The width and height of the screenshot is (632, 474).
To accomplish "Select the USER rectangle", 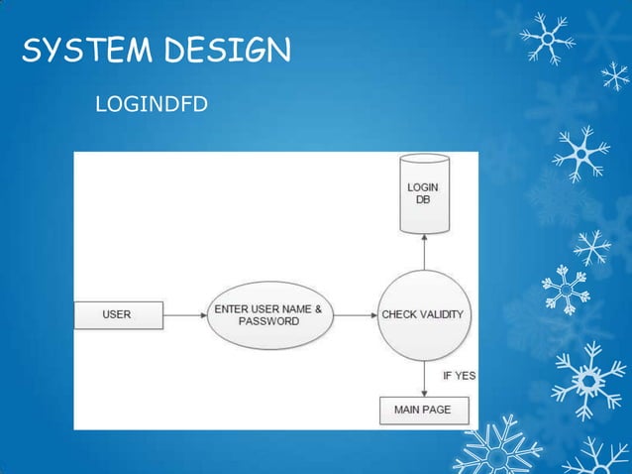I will (x=117, y=315).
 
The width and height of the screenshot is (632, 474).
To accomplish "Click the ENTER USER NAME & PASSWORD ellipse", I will (x=268, y=315).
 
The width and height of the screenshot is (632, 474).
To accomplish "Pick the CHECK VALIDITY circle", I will (x=423, y=315).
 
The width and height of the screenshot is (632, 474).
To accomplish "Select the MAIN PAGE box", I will (x=423, y=410).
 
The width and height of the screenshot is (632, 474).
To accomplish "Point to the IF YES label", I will (x=459, y=376).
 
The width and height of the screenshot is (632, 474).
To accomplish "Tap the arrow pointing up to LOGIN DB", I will (x=423, y=252).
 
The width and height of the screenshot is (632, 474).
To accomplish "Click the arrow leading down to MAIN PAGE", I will (x=423, y=378).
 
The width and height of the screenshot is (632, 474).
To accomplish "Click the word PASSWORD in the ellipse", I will (x=268, y=321).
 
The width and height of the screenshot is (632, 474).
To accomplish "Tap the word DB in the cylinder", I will (x=423, y=199).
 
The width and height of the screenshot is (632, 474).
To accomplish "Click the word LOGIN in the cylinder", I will (x=423, y=187).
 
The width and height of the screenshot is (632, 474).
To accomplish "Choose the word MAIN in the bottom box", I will (x=407, y=410).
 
